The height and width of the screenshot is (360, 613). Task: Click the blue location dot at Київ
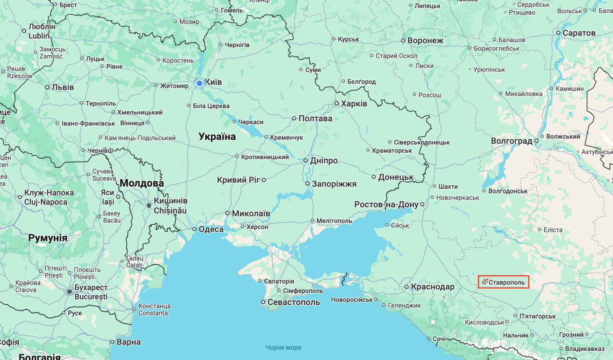tap(199, 83)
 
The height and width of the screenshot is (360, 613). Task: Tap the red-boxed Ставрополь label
tap(503, 282)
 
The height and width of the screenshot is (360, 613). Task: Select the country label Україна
tap(217, 137)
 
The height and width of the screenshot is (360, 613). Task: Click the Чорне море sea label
tap(283, 348)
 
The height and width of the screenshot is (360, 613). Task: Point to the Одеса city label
tap(211, 229)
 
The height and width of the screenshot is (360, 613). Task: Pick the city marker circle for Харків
tap(336, 103)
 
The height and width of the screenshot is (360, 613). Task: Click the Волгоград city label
tap(511, 141)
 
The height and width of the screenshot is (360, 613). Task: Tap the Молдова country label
tap(142, 183)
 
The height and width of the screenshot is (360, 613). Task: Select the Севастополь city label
tap(294, 302)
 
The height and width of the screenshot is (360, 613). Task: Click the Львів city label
tap(63, 87)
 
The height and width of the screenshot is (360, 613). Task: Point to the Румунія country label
tap(48, 238)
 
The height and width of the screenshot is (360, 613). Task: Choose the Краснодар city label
tap(432, 287)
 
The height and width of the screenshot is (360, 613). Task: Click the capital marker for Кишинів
tap(149, 206)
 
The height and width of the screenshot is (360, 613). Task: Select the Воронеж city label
tap(425, 40)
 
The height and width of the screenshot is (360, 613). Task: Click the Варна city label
tap(128, 342)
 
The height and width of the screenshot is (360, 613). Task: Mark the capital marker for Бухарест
tap(70, 292)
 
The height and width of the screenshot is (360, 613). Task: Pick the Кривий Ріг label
tap(238, 180)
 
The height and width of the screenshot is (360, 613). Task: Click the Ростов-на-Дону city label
tap(386, 204)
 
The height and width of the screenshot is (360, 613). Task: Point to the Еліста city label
tap(553, 230)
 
